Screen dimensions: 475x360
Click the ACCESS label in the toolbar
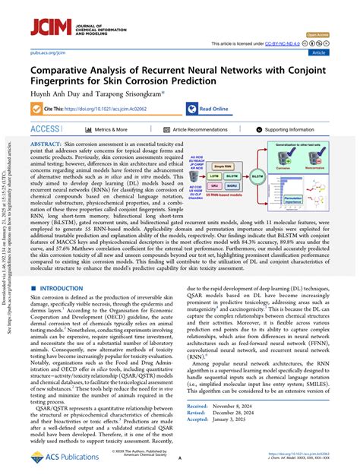coord(46,129)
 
